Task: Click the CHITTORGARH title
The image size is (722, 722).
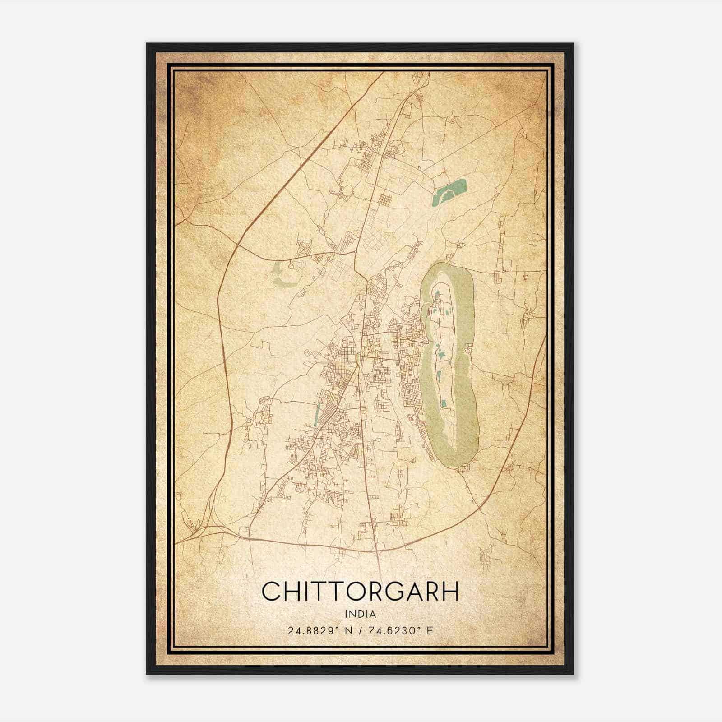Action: (360, 591)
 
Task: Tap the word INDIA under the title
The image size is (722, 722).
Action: (360, 614)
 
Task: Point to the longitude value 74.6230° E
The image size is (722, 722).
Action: (401, 631)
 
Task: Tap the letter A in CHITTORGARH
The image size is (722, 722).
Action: (411, 591)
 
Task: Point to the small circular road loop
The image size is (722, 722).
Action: (291, 267)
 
